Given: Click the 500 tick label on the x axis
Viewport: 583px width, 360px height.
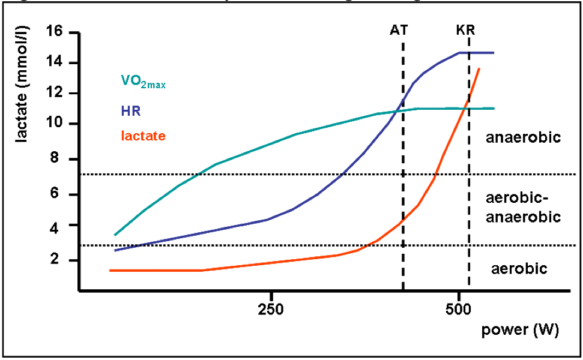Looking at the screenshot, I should click(459, 313).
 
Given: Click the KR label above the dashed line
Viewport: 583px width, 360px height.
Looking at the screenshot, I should click(465, 30).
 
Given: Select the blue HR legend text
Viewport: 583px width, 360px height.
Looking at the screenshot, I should click(131, 111).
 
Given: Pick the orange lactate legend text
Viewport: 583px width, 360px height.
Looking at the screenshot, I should click(142, 137).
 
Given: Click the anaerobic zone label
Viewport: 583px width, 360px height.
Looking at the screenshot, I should click(523, 138).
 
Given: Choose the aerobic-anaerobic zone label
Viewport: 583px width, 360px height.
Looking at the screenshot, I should click(523, 208).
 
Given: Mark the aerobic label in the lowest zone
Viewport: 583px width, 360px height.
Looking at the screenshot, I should click(519, 268).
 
